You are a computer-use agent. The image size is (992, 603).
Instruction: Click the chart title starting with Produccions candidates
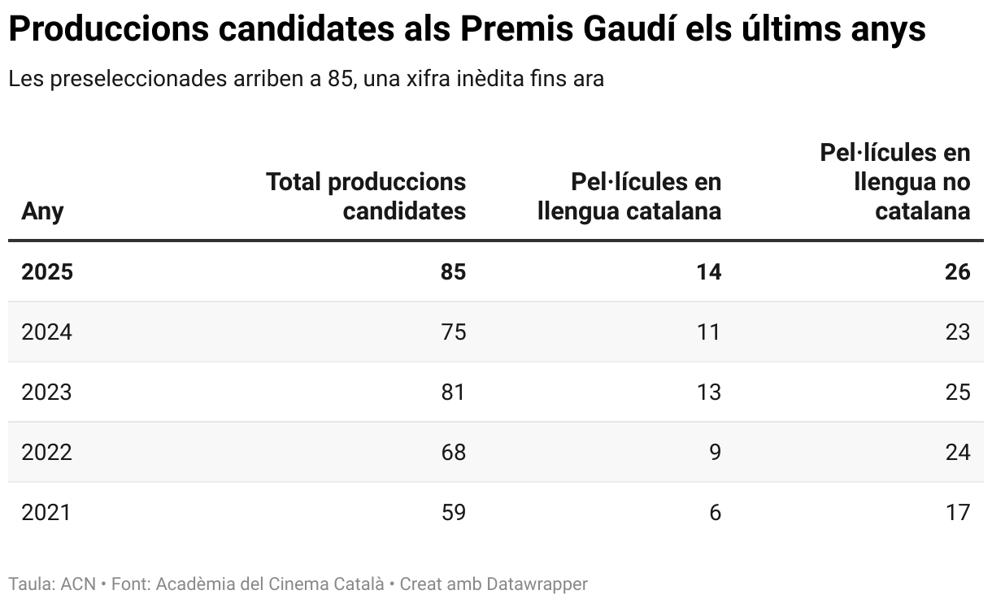tap(467, 30)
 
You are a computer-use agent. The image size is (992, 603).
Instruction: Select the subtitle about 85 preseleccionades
tap(306, 80)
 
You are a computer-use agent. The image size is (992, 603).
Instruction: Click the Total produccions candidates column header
tap(366, 196)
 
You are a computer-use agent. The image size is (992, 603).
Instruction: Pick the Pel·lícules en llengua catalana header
tap(629, 196)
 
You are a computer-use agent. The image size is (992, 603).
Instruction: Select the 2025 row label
tap(47, 271)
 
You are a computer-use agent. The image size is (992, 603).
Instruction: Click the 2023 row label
tap(46, 393)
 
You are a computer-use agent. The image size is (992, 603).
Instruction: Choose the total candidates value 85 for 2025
tap(453, 271)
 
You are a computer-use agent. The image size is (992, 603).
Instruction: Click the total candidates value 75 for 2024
tap(453, 332)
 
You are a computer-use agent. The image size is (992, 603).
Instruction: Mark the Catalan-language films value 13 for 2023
tap(708, 393)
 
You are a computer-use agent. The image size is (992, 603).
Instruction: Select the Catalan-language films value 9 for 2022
tap(715, 453)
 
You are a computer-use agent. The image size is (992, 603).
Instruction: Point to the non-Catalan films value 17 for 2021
tap(958, 513)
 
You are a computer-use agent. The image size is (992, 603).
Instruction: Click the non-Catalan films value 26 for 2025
tap(958, 271)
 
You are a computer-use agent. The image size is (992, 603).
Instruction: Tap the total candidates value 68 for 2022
tap(453, 453)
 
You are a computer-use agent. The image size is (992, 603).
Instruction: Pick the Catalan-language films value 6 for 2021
tap(715, 513)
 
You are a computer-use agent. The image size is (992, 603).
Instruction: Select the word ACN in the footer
tap(78, 583)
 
